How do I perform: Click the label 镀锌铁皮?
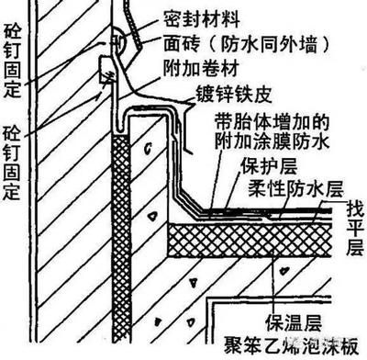click(238, 94)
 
